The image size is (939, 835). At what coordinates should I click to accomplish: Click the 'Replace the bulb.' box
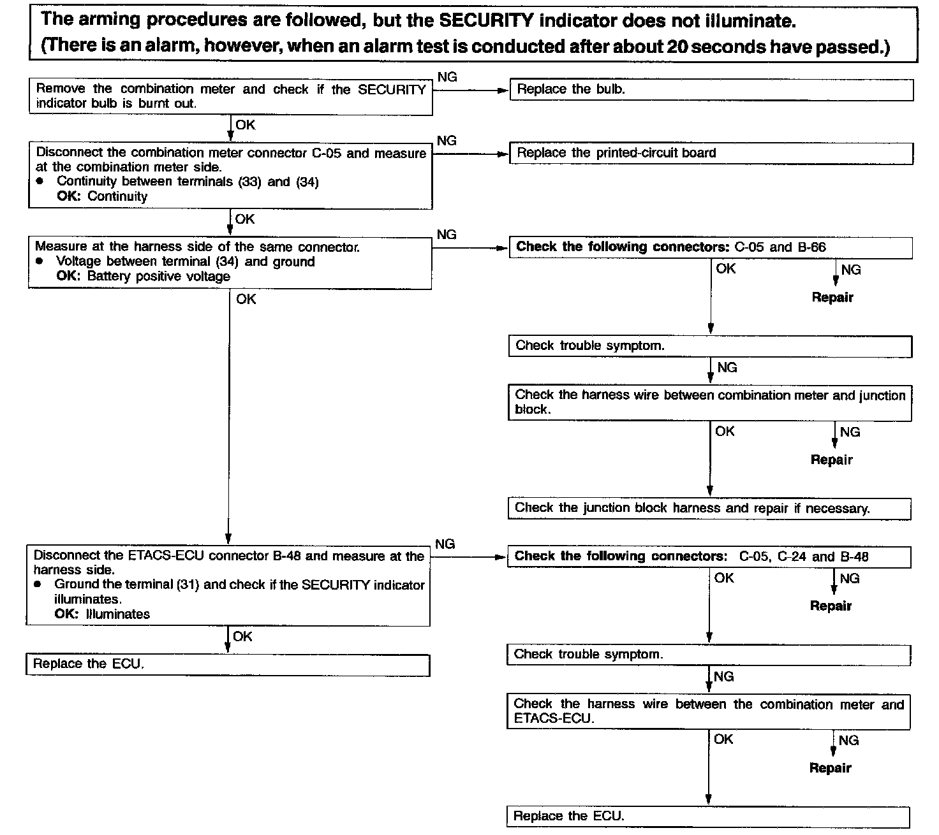point(711,90)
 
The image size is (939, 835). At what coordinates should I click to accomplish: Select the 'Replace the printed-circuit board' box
point(711,153)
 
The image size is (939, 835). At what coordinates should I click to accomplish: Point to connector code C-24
point(793,556)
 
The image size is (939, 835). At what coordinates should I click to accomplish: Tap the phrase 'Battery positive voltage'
point(158,277)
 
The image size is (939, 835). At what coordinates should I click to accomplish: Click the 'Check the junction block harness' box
point(709,509)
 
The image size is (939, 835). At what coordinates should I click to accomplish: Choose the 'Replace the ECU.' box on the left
point(227,664)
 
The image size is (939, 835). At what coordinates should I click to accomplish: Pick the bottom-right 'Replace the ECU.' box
point(707,817)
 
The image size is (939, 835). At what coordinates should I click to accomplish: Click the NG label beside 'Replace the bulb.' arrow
point(448,77)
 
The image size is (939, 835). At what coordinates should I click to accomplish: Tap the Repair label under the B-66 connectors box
point(832,298)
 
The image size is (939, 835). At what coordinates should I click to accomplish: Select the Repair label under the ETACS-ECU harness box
point(830,768)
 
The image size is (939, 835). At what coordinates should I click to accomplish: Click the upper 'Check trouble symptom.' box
point(709,346)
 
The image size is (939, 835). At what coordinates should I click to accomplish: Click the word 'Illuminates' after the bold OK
point(117,614)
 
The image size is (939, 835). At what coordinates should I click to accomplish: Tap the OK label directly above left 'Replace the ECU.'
point(242,637)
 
